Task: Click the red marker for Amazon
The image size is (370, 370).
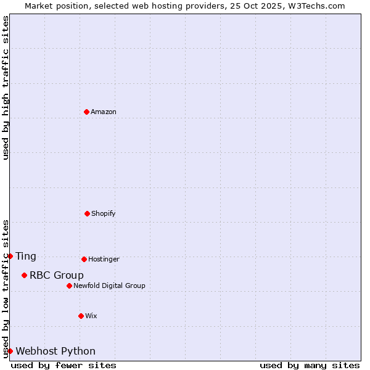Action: click(x=86, y=112)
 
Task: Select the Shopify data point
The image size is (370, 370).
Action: click(x=87, y=213)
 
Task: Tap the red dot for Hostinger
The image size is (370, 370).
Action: click(x=84, y=259)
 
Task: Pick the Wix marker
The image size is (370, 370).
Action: click(x=81, y=316)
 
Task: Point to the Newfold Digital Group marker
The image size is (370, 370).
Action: click(x=69, y=286)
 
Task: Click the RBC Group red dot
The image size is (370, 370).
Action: click(x=24, y=275)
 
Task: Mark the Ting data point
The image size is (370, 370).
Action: click(x=10, y=256)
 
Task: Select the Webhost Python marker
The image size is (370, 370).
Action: click(x=10, y=351)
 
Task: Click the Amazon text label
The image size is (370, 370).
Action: click(x=104, y=112)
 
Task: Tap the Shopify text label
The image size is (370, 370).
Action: click(x=104, y=214)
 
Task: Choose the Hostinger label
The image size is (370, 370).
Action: click(x=104, y=260)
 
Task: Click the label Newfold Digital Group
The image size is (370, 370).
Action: click(x=110, y=286)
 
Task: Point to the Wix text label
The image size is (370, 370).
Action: click(x=91, y=316)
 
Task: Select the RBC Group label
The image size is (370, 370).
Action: click(x=57, y=276)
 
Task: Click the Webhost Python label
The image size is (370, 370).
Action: click(x=55, y=351)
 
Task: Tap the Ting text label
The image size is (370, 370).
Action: click(x=26, y=257)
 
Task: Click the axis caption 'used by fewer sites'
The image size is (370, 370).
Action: click(x=64, y=365)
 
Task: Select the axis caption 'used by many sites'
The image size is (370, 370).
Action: click(x=310, y=365)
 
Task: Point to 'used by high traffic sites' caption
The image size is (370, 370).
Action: click(x=6, y=88)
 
